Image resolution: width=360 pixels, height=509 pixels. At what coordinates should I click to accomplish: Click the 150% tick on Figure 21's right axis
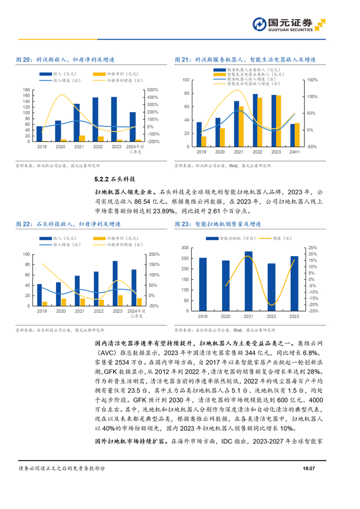[312, 80]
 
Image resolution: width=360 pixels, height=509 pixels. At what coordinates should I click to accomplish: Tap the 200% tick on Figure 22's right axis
[152, 254]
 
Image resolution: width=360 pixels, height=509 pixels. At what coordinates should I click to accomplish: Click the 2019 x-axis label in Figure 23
[203, 316]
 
